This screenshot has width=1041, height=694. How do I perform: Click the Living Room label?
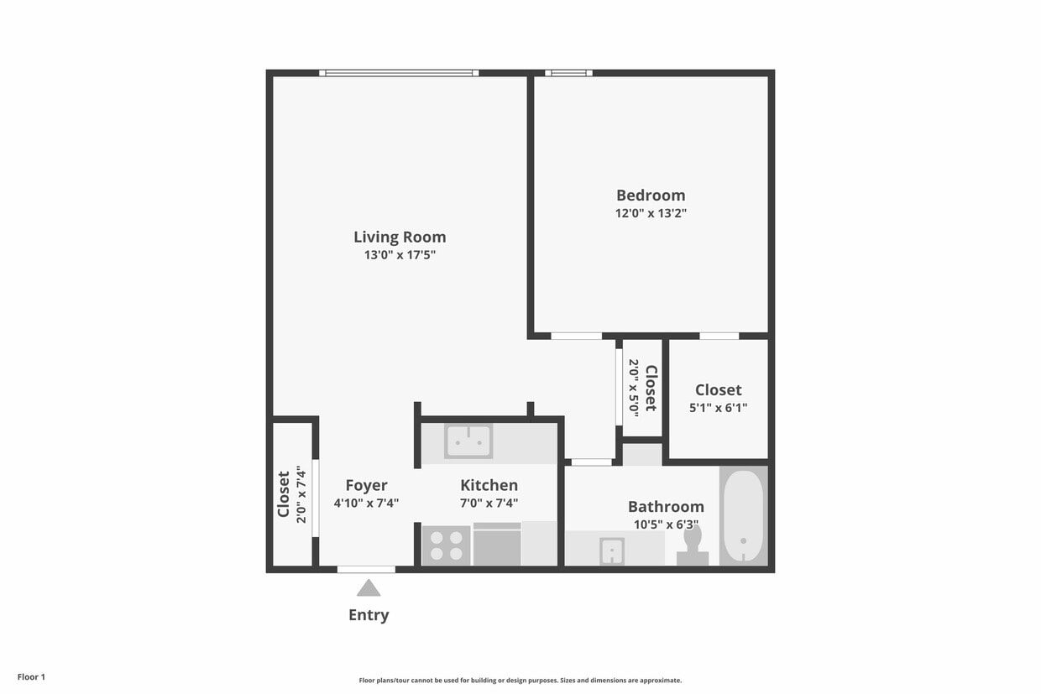[400, 237]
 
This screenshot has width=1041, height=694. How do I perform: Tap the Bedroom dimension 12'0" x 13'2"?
[651, 213]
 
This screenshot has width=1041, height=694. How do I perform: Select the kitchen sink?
[468, 441]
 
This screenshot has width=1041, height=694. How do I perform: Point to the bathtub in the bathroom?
[743, 515]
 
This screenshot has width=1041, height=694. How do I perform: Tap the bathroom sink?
[611, 551]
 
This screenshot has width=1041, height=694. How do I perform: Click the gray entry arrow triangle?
[369, 588]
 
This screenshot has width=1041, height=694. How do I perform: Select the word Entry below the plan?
[369, 615]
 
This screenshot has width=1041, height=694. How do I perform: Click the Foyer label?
[366, 485]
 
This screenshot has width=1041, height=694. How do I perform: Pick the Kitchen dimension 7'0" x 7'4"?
[489, 504]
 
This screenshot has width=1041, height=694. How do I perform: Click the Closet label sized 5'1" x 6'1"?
[718, 389]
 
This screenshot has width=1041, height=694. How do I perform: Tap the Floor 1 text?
[31, 676]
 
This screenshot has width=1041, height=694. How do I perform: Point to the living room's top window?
[399, 73]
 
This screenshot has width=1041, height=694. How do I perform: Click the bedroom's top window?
[568, 73]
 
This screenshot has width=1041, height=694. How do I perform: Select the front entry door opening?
[366, 570]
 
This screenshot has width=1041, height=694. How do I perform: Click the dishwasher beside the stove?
[496, 545]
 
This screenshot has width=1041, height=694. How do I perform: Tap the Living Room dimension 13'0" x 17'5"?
[400, 255]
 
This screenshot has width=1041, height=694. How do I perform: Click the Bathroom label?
[666, 506]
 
